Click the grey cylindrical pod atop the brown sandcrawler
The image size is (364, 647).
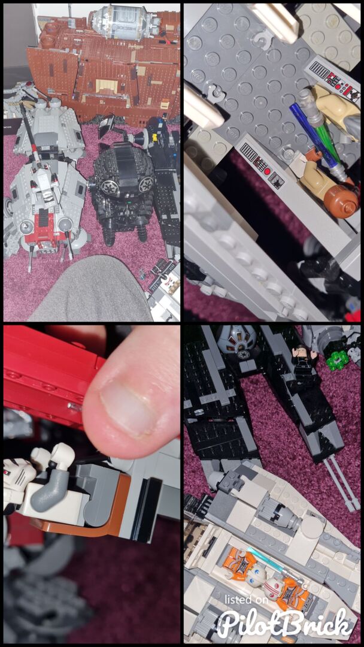coord(124,22)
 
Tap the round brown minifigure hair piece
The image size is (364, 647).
coord(340,201)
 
